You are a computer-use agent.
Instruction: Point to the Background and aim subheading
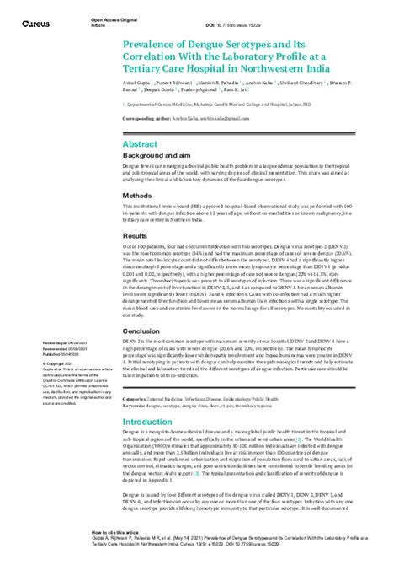tap(160, 158)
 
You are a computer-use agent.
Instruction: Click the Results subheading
tap(136, 235)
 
